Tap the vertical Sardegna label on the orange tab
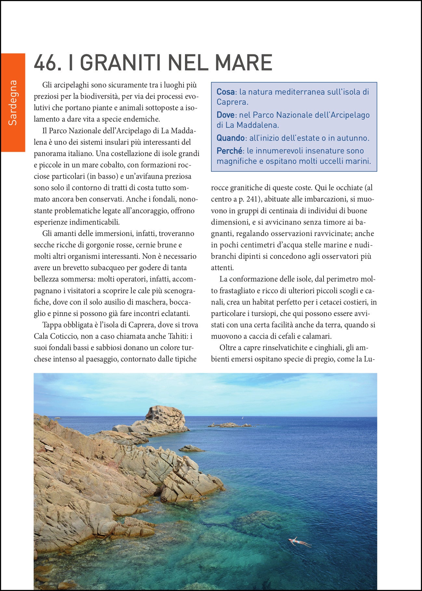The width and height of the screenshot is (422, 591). pos(13,102)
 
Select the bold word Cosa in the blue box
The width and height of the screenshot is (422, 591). pos(225,92)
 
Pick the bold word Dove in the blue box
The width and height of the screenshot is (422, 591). pos(225,115)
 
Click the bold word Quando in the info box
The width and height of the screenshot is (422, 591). pos(231,138)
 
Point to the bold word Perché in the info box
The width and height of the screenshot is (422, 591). pos(230,151)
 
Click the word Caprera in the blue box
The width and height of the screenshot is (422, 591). pos(232,102)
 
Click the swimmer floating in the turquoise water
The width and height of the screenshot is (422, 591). pos(299,542)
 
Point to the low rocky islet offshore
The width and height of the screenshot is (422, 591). pos(229,425)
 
